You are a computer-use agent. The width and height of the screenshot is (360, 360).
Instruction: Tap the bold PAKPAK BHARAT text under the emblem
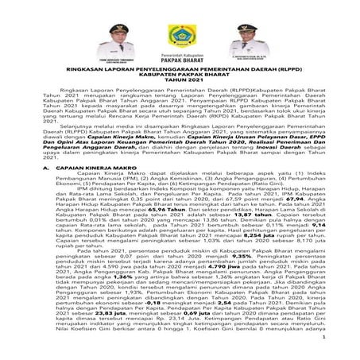pyautogui.click(x=180, y=71)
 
